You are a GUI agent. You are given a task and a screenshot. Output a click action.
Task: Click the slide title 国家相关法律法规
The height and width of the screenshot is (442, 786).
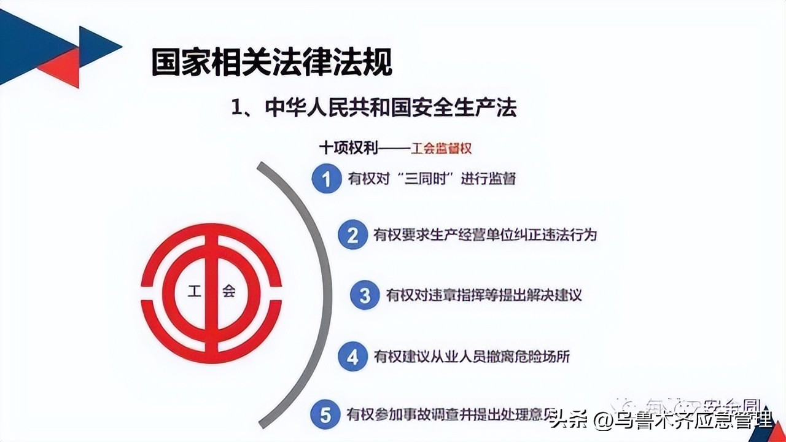271,63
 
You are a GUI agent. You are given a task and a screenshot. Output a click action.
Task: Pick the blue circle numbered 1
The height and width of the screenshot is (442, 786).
326,179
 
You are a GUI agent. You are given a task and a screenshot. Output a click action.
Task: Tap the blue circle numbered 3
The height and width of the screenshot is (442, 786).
365,295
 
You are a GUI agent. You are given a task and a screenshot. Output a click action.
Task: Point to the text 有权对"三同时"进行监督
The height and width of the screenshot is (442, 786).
430,179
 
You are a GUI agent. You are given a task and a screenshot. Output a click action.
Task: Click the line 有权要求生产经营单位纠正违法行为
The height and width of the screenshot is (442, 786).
485,235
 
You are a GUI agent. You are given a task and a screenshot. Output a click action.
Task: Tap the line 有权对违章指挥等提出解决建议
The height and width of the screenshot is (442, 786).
483,295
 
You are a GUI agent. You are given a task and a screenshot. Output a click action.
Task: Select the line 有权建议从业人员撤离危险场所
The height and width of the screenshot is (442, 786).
472,357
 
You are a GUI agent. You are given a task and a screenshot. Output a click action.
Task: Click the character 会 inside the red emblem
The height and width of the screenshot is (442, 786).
228,291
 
